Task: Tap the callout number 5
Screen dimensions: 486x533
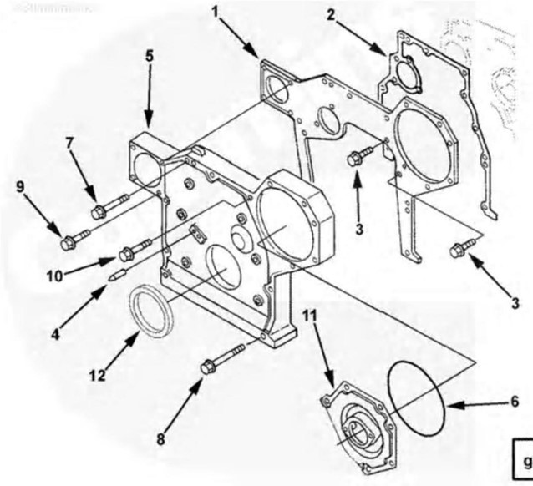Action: pyautogui.click(x=149, y=57)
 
